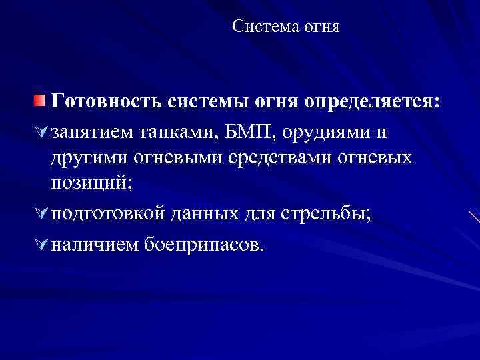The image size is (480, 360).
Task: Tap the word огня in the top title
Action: (321, 27)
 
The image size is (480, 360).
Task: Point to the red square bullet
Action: (41, 101)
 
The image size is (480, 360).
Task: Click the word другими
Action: (89, 158)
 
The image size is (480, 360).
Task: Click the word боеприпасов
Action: (204, 245)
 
